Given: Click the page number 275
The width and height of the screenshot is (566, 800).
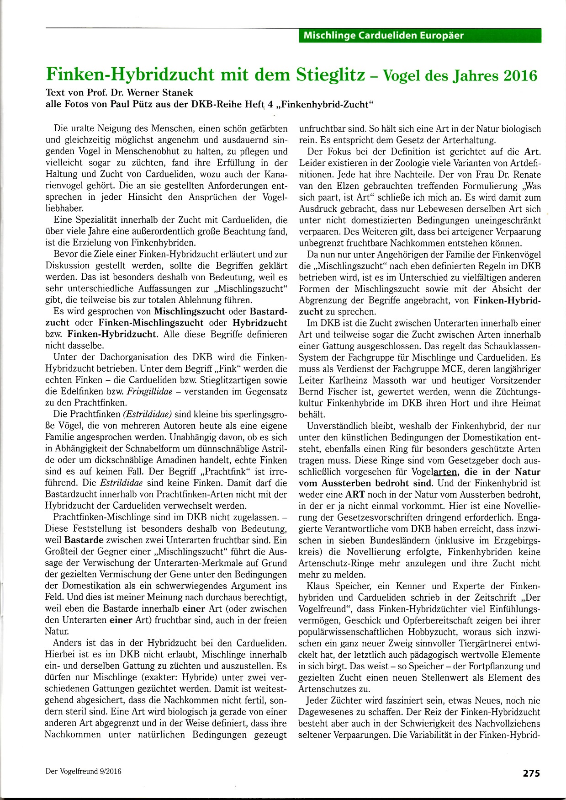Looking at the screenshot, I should point(531,773).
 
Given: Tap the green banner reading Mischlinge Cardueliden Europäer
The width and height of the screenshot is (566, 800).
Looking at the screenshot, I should point(420,36).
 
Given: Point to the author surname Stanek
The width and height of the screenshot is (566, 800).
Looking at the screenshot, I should point(180,92).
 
